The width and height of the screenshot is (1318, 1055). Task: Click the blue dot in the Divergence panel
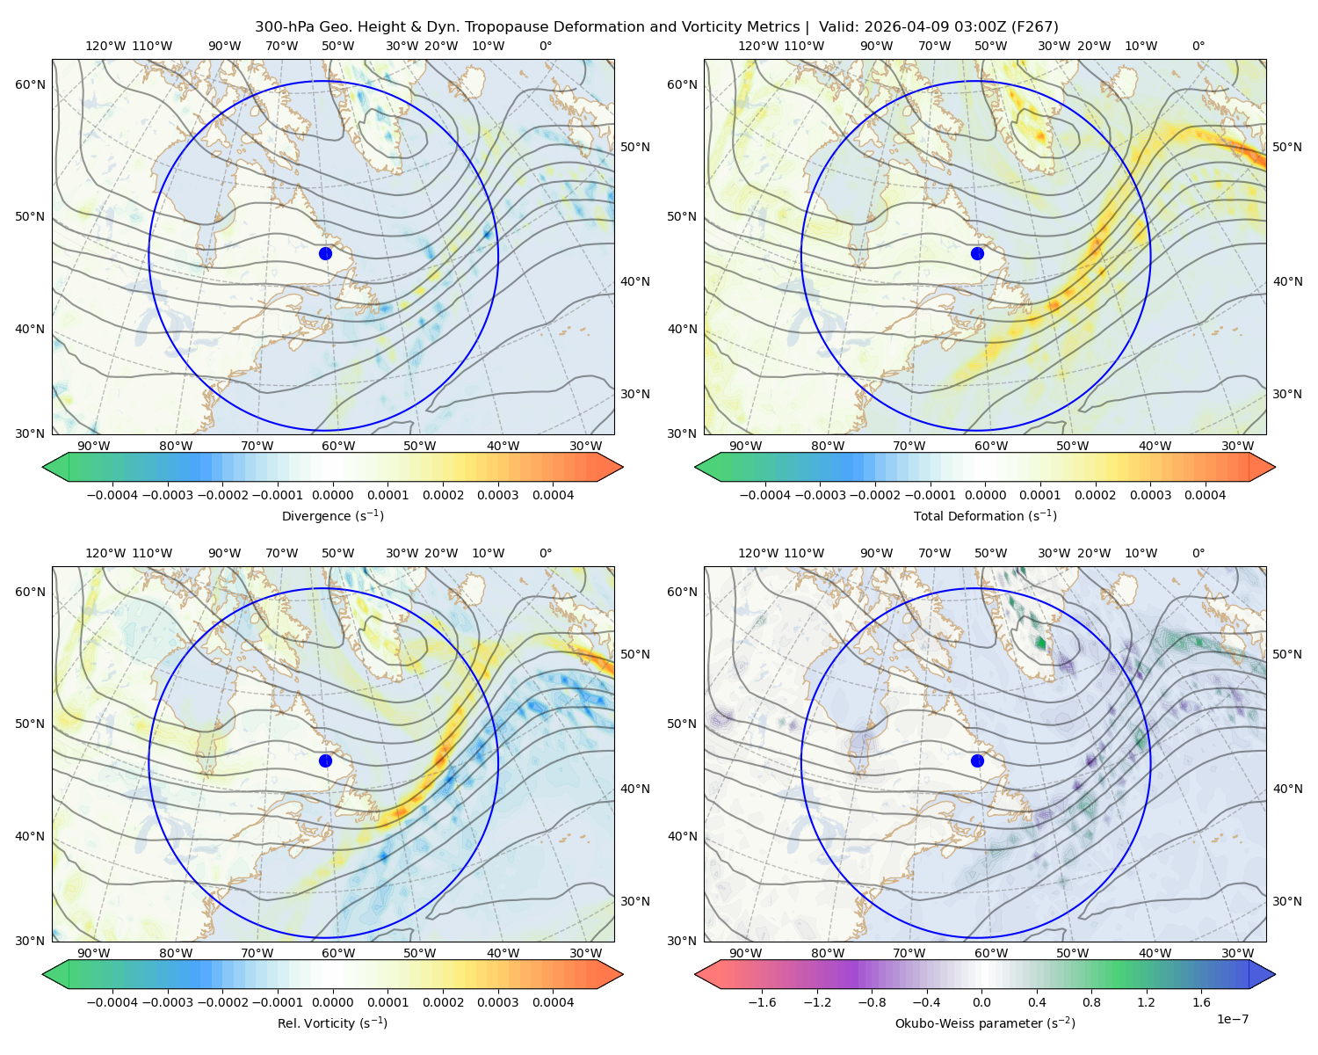coord(325,253)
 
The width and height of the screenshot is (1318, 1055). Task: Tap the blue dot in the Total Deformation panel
coord(977,253)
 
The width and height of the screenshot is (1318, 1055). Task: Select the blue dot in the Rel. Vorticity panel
coord(325,760)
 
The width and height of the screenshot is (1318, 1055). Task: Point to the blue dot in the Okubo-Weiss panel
coord(977,760)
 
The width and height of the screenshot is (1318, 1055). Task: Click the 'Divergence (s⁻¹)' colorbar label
coord(332,515)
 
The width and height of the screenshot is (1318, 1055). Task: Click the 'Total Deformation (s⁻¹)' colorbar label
coord(985,515)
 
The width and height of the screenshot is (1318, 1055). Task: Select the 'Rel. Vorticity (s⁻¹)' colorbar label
coord(332,1022)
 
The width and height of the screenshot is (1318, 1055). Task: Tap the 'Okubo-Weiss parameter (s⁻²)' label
coord(985,1022)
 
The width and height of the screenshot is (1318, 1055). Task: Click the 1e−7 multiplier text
coord(1232,1019)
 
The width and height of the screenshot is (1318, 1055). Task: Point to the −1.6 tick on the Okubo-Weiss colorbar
coord(762,1001)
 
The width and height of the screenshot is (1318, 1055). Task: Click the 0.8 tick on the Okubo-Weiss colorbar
coord(1091,1001)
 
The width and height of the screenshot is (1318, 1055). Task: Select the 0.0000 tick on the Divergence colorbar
coord(332,495)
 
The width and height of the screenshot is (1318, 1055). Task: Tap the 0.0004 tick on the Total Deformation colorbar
coord(1205,495)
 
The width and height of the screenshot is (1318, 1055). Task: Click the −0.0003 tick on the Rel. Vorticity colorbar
coord(167,1001)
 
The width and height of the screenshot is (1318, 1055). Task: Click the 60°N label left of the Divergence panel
coord(30,84)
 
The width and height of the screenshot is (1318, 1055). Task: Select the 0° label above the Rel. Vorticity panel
coord(546,552)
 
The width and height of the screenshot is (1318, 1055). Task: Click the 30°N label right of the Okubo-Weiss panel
coord(1287,900)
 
